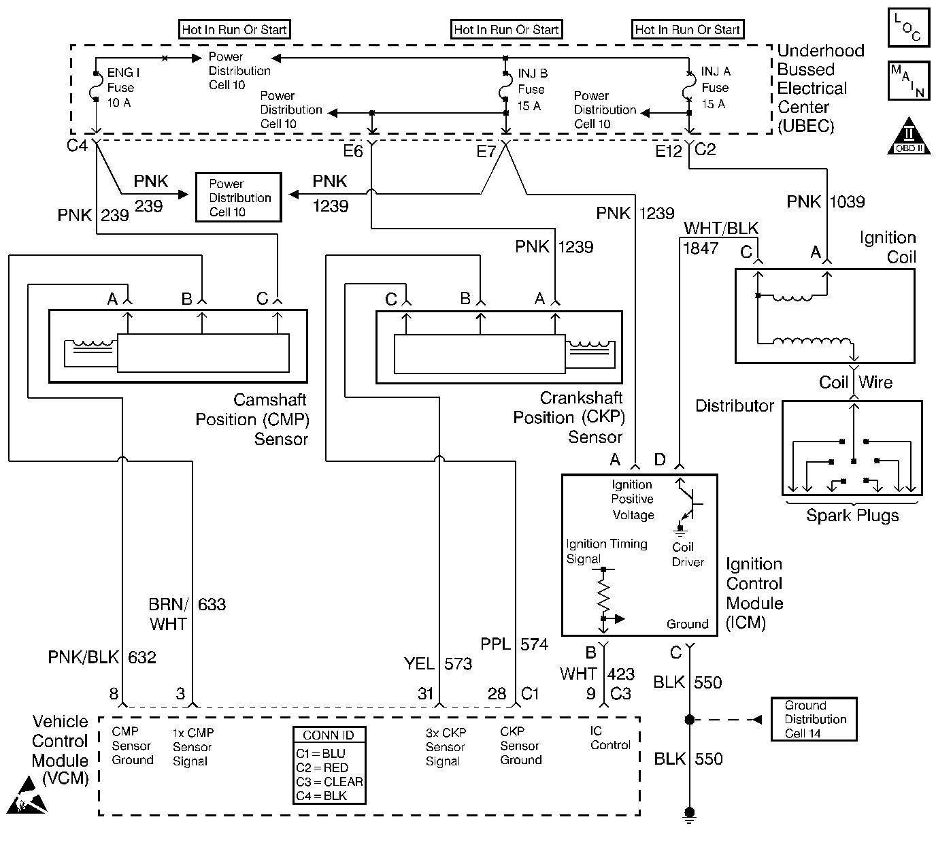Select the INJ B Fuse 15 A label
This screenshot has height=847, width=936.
pyautogui.click(x=532, y=89)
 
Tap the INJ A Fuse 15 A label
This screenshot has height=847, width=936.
pyautogui.click(x=715, y=88)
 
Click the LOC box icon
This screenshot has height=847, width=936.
pyautogui.click(x=908, y=28)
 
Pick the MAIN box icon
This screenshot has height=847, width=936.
pyautogui.click(x=908, y=81)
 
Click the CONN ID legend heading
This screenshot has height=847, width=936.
pyautogui.click(x=329, y=735)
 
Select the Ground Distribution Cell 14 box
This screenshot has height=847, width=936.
pyautogui.click(x=813, y=719)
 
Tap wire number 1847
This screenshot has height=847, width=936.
pyautogui.click(x=701, y=248)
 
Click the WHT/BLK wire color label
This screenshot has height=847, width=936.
pyautogui.click(x=721, y=229)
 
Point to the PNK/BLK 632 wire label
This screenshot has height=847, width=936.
pyautogui.click(x=102, y=657)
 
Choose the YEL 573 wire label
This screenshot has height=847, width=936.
pyautogui.click(x=437, y=663)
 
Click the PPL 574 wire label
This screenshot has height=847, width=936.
pyautogui.click(x=514, y=644)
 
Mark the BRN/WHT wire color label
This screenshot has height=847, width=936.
pyautogui.click(x=167, y=614)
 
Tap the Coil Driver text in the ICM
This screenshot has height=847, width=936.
pyautogui.click(x=687, y=554)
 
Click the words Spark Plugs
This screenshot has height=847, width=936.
pyautogui.click(x=852, y=515)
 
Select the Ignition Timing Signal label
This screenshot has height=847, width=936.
pyautogui.click(x=606, y=551)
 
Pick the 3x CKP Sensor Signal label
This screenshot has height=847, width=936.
pyautogui.click(x=446, y=747)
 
